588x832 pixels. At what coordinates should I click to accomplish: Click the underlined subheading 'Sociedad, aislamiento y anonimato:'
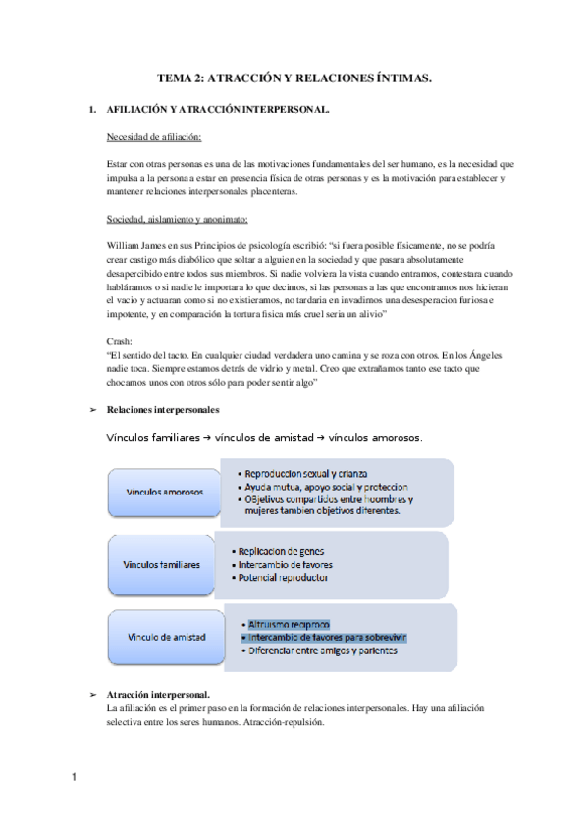point(178,218)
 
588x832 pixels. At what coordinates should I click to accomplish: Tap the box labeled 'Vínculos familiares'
point(161,565)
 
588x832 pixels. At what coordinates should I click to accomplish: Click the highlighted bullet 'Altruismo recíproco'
point(290,624)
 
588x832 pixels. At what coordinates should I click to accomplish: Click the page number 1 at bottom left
point(74,778)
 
